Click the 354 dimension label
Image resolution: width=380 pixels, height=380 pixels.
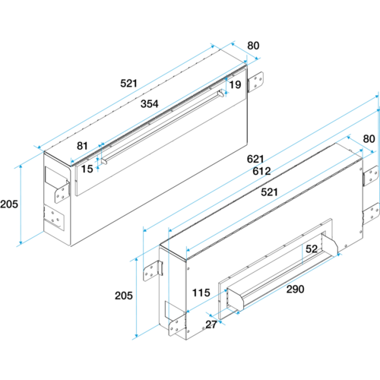150,103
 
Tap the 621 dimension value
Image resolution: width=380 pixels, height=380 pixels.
255,159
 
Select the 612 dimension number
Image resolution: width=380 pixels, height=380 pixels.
261,171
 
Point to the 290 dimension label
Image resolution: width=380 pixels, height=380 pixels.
296,289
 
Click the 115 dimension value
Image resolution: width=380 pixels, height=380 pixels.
201,293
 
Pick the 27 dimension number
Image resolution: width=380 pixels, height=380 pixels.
211,325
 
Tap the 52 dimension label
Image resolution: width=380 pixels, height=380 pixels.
312,249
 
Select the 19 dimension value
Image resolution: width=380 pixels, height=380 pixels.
235,84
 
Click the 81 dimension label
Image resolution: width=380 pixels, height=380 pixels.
82,146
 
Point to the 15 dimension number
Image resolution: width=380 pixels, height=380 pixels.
87,169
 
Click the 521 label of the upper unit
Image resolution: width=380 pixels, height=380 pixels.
128,84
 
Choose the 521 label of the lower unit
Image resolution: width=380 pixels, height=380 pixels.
270,192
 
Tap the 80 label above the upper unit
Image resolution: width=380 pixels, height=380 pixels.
253,46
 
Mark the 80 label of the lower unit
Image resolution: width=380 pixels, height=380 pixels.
369,139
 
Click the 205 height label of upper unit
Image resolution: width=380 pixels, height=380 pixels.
9,204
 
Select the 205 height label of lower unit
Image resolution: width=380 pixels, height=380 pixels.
124,296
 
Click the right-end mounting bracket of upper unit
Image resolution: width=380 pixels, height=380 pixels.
255,82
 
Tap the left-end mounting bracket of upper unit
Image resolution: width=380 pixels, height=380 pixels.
62,192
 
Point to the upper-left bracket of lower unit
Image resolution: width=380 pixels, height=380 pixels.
153,271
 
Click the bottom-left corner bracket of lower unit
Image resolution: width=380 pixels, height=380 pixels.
177,325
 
